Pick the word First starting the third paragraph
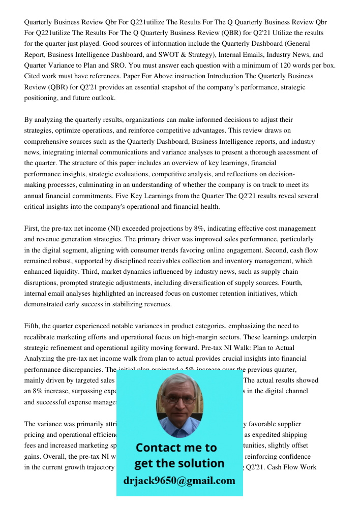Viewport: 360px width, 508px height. point(32,228)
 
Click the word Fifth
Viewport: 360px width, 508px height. point(32,326)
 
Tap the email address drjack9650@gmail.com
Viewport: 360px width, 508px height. point(179,481)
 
